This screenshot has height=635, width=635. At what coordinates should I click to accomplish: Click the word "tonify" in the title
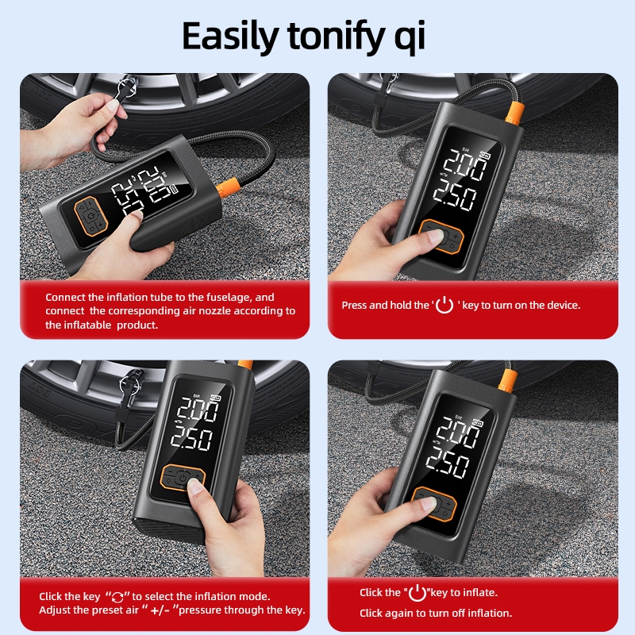point(335,36)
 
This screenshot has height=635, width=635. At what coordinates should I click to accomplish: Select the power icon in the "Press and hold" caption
point(444,305)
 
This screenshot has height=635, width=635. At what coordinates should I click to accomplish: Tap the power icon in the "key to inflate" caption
point(418,593)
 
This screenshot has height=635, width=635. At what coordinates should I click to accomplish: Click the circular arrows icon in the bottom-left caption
point(117,597)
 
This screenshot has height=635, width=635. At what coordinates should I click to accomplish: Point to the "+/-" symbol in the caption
point(160,610)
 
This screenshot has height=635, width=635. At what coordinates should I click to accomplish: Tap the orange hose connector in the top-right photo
point(514,114)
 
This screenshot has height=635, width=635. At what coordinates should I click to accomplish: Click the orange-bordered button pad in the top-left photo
point(91,216)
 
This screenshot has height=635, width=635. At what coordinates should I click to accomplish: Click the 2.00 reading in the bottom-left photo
point(198,409)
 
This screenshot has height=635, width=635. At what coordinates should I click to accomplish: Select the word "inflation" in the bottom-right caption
point(486,613)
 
